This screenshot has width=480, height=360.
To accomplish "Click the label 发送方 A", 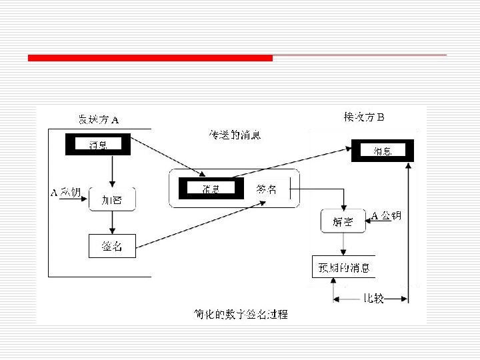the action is [x=98, y=120].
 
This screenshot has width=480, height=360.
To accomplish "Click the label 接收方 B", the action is [x=363, y=117].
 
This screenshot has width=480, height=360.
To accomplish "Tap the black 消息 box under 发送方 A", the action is [x=97, y=144].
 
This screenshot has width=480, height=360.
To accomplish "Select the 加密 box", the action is [x=112, y=199].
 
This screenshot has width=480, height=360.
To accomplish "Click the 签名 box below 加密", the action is [x=112, y=246].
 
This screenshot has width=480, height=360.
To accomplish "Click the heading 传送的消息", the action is [x=235, y=135].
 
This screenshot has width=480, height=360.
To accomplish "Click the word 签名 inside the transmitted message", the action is [x=266, y=189].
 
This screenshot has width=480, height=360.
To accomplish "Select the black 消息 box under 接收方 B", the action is [x=383, y=151].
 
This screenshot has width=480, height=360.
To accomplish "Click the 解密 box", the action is [x=343, y=221].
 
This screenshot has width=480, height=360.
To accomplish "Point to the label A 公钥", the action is [x=386, y=215].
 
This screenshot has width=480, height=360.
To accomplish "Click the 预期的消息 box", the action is [x=343, y=268].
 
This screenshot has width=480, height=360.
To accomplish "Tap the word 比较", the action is [x=373, y=298].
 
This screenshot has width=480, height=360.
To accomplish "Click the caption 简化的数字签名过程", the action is [x=241, y=313].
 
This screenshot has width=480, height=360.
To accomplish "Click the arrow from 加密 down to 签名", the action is [x=112, y=223].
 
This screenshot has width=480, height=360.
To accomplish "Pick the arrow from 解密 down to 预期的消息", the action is [x=343, y=244].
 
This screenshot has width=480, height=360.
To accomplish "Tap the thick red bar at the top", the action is [x=150, y=58].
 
